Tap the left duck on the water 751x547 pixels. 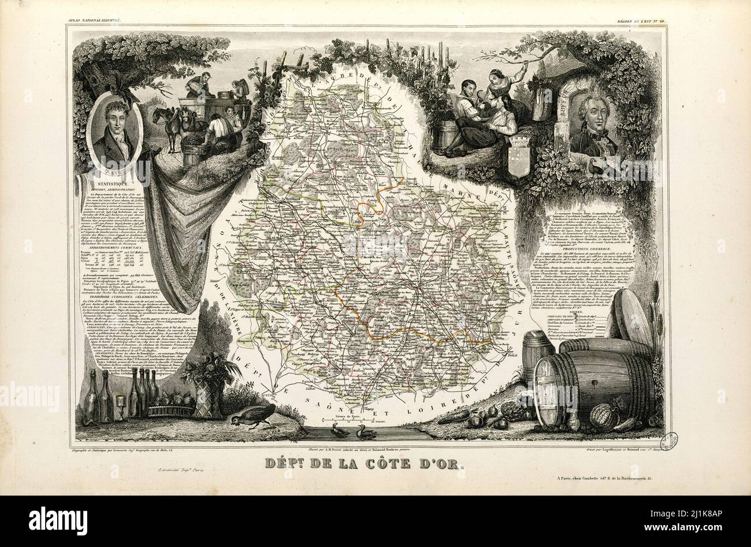(x=336, y=430)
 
